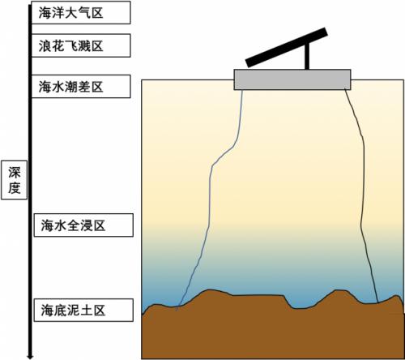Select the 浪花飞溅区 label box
(x=81, y=45)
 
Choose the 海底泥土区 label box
(x=83, y=310)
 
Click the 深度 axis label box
(x=15, y=180)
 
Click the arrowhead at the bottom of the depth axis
(x=30, y=356)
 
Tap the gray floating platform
(x=292, y=79)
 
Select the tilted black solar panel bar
(x=287, y=47)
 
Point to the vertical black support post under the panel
(x=307, y=57)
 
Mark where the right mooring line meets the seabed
(x=377, y=302)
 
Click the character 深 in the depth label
(x=15, y=173)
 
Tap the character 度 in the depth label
(x=15, y=187)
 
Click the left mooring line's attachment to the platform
(x=242, y=90)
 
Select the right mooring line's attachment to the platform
(x=345, y=89)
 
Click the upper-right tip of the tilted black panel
(x=326, y=32)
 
